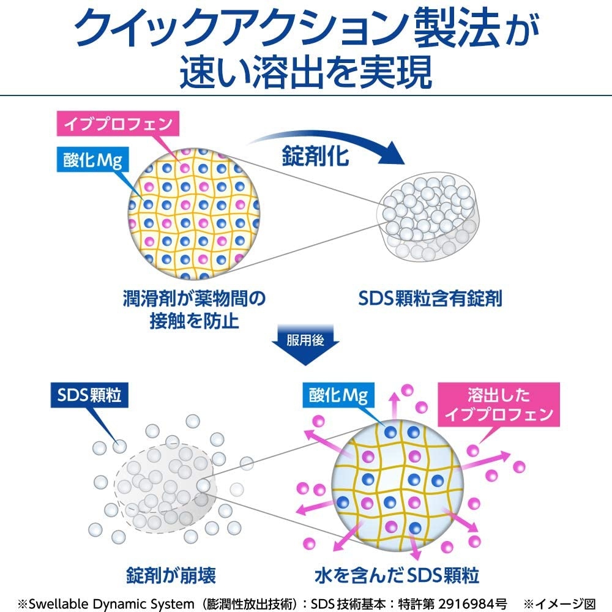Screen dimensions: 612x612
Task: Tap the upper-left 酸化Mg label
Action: pyautogui.click(x=92, y=160)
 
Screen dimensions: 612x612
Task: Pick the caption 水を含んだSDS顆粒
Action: pyautogui.click(x=396, y=575)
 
